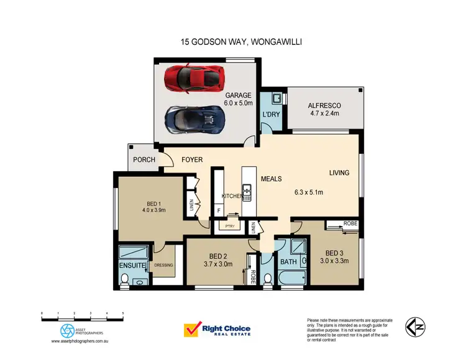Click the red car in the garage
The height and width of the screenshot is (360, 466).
(194, 79)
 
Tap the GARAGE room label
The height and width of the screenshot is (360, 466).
(238, 96)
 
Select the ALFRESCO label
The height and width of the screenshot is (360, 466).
(324, 106)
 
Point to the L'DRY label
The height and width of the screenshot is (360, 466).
(271, 115)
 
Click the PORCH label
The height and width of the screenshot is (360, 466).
(144, 160)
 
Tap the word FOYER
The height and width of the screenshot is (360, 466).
(192, 160)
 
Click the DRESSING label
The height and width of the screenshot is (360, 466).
(164, 266)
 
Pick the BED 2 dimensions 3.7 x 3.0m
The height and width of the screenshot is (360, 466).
(217, 263)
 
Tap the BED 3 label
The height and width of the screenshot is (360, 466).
(334, 253)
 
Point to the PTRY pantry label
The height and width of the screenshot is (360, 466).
(229, 227)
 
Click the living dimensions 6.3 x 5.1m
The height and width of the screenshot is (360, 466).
(312, 192)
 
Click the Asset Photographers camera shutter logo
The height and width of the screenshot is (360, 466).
(68, 330)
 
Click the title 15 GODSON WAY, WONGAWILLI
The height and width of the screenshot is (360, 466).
(233, 43)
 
